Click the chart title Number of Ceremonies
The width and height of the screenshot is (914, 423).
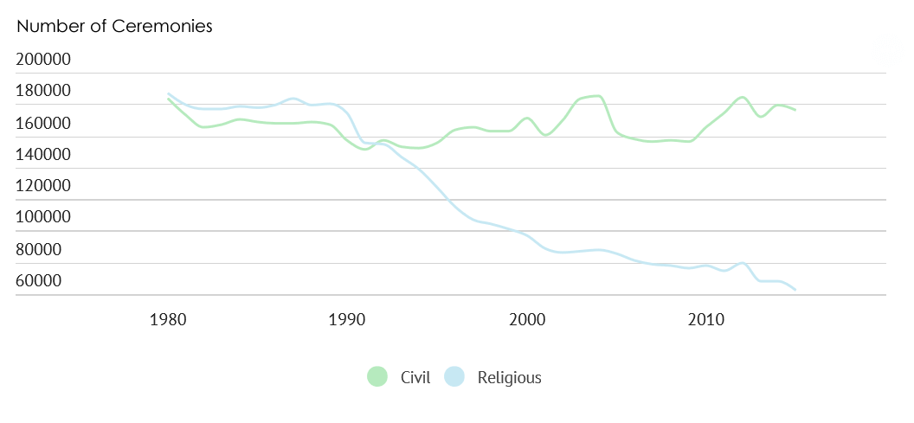pyautogui.click(x=114, y=26)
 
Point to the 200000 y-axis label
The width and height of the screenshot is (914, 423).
pyautogui.click(x=55, y=60)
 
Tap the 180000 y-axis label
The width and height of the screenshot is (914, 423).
pyautogui.click(x=55, y=92)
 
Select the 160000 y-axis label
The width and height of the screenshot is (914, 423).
pyautogui.click(x=55, y=124)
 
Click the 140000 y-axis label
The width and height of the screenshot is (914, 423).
pyautogui.click(x=55, y=155)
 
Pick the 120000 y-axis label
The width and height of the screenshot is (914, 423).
pyautogui.click(x=55, y=186)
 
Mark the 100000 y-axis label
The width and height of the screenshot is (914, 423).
pyautogui.click(x=55, y=218)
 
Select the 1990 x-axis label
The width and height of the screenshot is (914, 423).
pyautogui.click(x=346, y=319)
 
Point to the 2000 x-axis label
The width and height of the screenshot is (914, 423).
pyautogui.click(x=526, y=319)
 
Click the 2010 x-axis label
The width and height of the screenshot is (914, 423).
pyautogui.click(x=705, y=319)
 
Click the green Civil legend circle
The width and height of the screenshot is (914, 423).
pyautogui.click(x=377, y=377)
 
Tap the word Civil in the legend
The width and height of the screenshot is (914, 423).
pyautogui.click(x=415, y=378)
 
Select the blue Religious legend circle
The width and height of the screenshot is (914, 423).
pyautogui.click(x=454, y=377)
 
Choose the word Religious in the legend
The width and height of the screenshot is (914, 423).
pyautogui.click(x=509, y=378)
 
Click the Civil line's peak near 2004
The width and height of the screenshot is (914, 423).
pyautogui.click(x=597, y=96)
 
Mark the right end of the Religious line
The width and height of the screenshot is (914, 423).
pyautogui.click(x=795, y=289)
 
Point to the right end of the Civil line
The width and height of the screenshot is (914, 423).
pyautogui.click(x=795, y=110)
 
